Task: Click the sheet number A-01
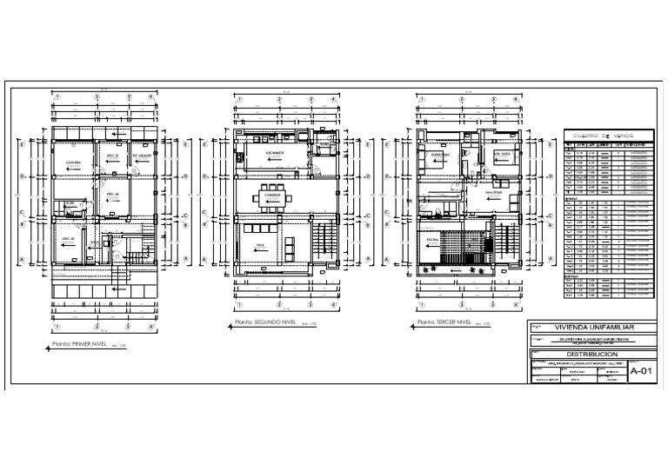(x=639, y=371)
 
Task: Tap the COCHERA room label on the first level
(x=73, y=163)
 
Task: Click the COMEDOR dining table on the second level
(x=269, y=196)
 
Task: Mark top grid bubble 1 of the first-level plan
(x=57, y=96)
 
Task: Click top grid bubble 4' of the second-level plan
(x=335, y=96)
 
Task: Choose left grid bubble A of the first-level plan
(x=22, y=259)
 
